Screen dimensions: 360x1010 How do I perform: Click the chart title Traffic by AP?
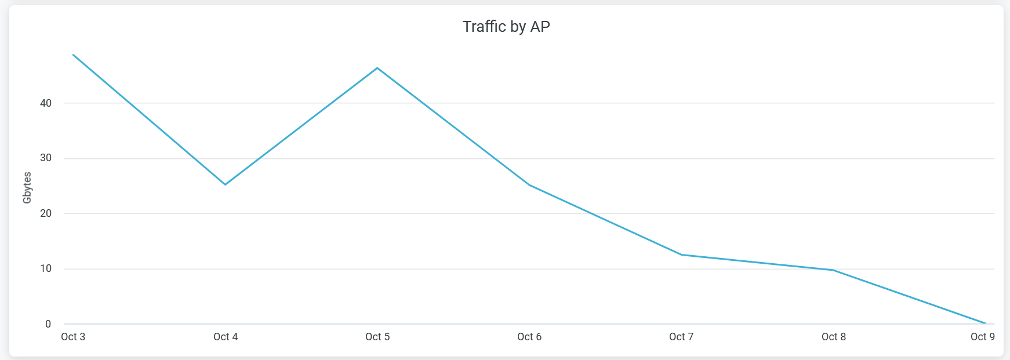[x=506, y=27]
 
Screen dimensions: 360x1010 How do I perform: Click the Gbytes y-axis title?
[x=27, y=188]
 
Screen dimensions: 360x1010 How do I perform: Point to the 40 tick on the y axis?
[x=46, y=103]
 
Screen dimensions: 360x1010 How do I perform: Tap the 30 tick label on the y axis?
[x=46, y=158]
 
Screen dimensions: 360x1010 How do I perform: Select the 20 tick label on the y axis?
[x=46, y=213]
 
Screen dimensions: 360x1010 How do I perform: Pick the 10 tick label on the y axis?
[x=46, y=268]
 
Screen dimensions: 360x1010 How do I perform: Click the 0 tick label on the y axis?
[x=48, y=324]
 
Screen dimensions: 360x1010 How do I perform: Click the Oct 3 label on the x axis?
[x=73, y=337]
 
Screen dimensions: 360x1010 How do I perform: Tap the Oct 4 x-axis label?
[x=226, y=337]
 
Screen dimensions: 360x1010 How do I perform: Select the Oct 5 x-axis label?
[x=377, y=337]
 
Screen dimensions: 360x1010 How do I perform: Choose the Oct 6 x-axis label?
[x=529, y=337]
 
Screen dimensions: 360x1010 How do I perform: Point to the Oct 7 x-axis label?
[x=681, y=337]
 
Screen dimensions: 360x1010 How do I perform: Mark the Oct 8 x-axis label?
[x=834, y=337]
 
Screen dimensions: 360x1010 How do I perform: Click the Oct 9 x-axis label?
[x=983, y=337]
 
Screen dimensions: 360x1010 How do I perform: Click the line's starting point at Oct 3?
[x=73, y=54]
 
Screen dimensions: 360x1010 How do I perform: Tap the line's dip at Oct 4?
[x=226, y=184]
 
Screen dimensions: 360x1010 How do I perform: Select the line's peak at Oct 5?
[x=377, y=68]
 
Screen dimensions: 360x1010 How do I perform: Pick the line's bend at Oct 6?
[x=529, y=185]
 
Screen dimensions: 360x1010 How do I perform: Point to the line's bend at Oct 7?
[x=681, y=254]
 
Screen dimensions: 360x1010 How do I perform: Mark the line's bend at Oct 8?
[x=834, y=270]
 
